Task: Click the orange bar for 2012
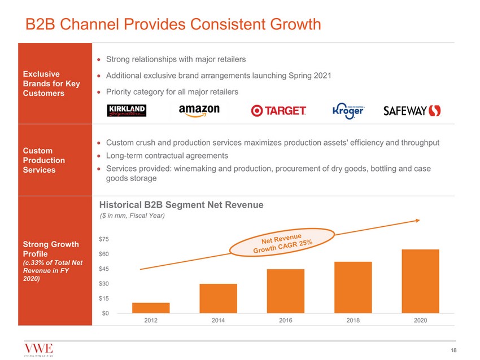point(151,308)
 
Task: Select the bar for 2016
point(285,291)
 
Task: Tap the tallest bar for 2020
point(420,281)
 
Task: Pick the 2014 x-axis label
point(218,321)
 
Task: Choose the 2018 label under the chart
point(352,321)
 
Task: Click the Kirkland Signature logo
point(127,111)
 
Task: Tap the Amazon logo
point(199,111)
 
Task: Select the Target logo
point(278,111)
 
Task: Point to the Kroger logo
point(348,111)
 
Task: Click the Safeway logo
point(412,111)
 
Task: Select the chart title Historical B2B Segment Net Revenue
point(181,205)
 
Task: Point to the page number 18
point(453,351)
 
